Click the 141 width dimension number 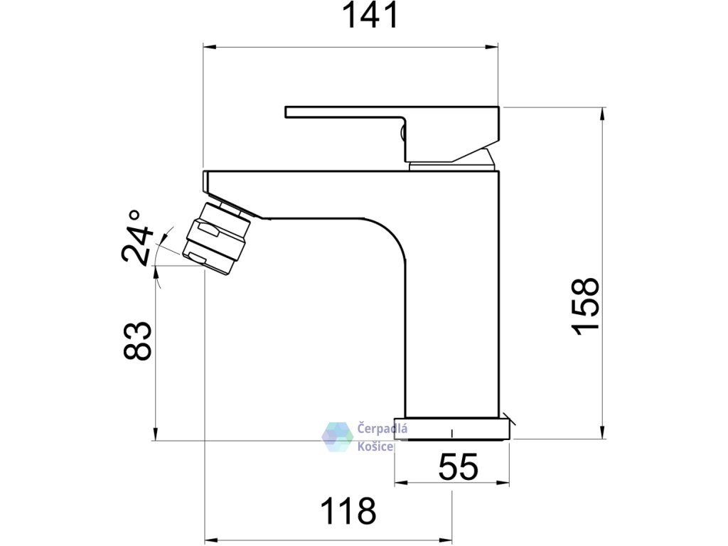[370, 16]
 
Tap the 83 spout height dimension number [137, 341]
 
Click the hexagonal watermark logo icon [338, 437]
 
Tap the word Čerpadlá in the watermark [382, 428]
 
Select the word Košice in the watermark [375, 446]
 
